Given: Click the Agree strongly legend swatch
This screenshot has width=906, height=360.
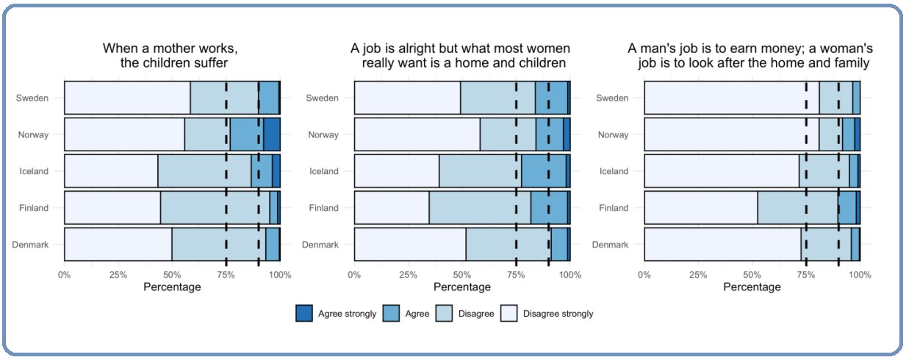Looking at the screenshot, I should (x=304, y=314).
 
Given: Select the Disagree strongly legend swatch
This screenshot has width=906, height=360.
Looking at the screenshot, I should (x=509, y=314).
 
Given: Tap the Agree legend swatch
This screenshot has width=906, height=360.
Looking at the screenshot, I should (x=392, y=314).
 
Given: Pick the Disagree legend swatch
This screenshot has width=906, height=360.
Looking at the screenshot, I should (x=445, y=314).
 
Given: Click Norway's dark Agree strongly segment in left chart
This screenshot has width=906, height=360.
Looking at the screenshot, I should (x=271, y=134).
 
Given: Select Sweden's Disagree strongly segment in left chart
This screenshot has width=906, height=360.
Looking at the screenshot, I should (x=127, y=98).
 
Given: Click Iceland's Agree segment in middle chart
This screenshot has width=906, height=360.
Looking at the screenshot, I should (x=544, y=171).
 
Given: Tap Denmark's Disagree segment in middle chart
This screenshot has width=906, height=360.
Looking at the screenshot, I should (x=508, y=245).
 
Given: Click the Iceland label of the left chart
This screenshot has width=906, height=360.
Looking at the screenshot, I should (x=34, y=171).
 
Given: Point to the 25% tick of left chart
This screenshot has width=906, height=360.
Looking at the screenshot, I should (x=118, y=275).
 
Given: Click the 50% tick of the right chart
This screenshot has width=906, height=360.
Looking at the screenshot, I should (x=752, y=275).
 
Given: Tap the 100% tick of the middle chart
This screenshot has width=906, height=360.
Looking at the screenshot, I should (x=570, y=275).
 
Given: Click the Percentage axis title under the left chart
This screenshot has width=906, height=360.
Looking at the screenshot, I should (x=172, y=287).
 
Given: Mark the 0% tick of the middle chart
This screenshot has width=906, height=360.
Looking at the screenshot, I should (x=355, y=275).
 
